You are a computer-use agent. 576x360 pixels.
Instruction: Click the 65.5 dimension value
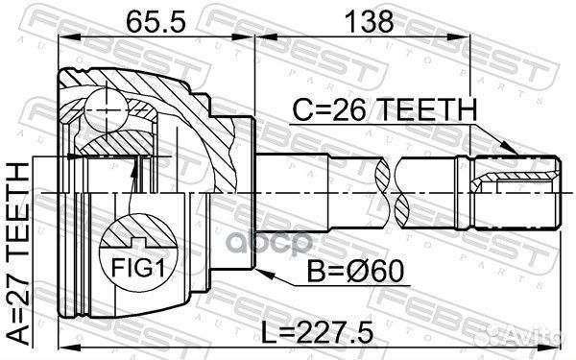pos(154,18)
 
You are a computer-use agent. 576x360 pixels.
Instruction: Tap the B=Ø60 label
pos(360,273)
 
